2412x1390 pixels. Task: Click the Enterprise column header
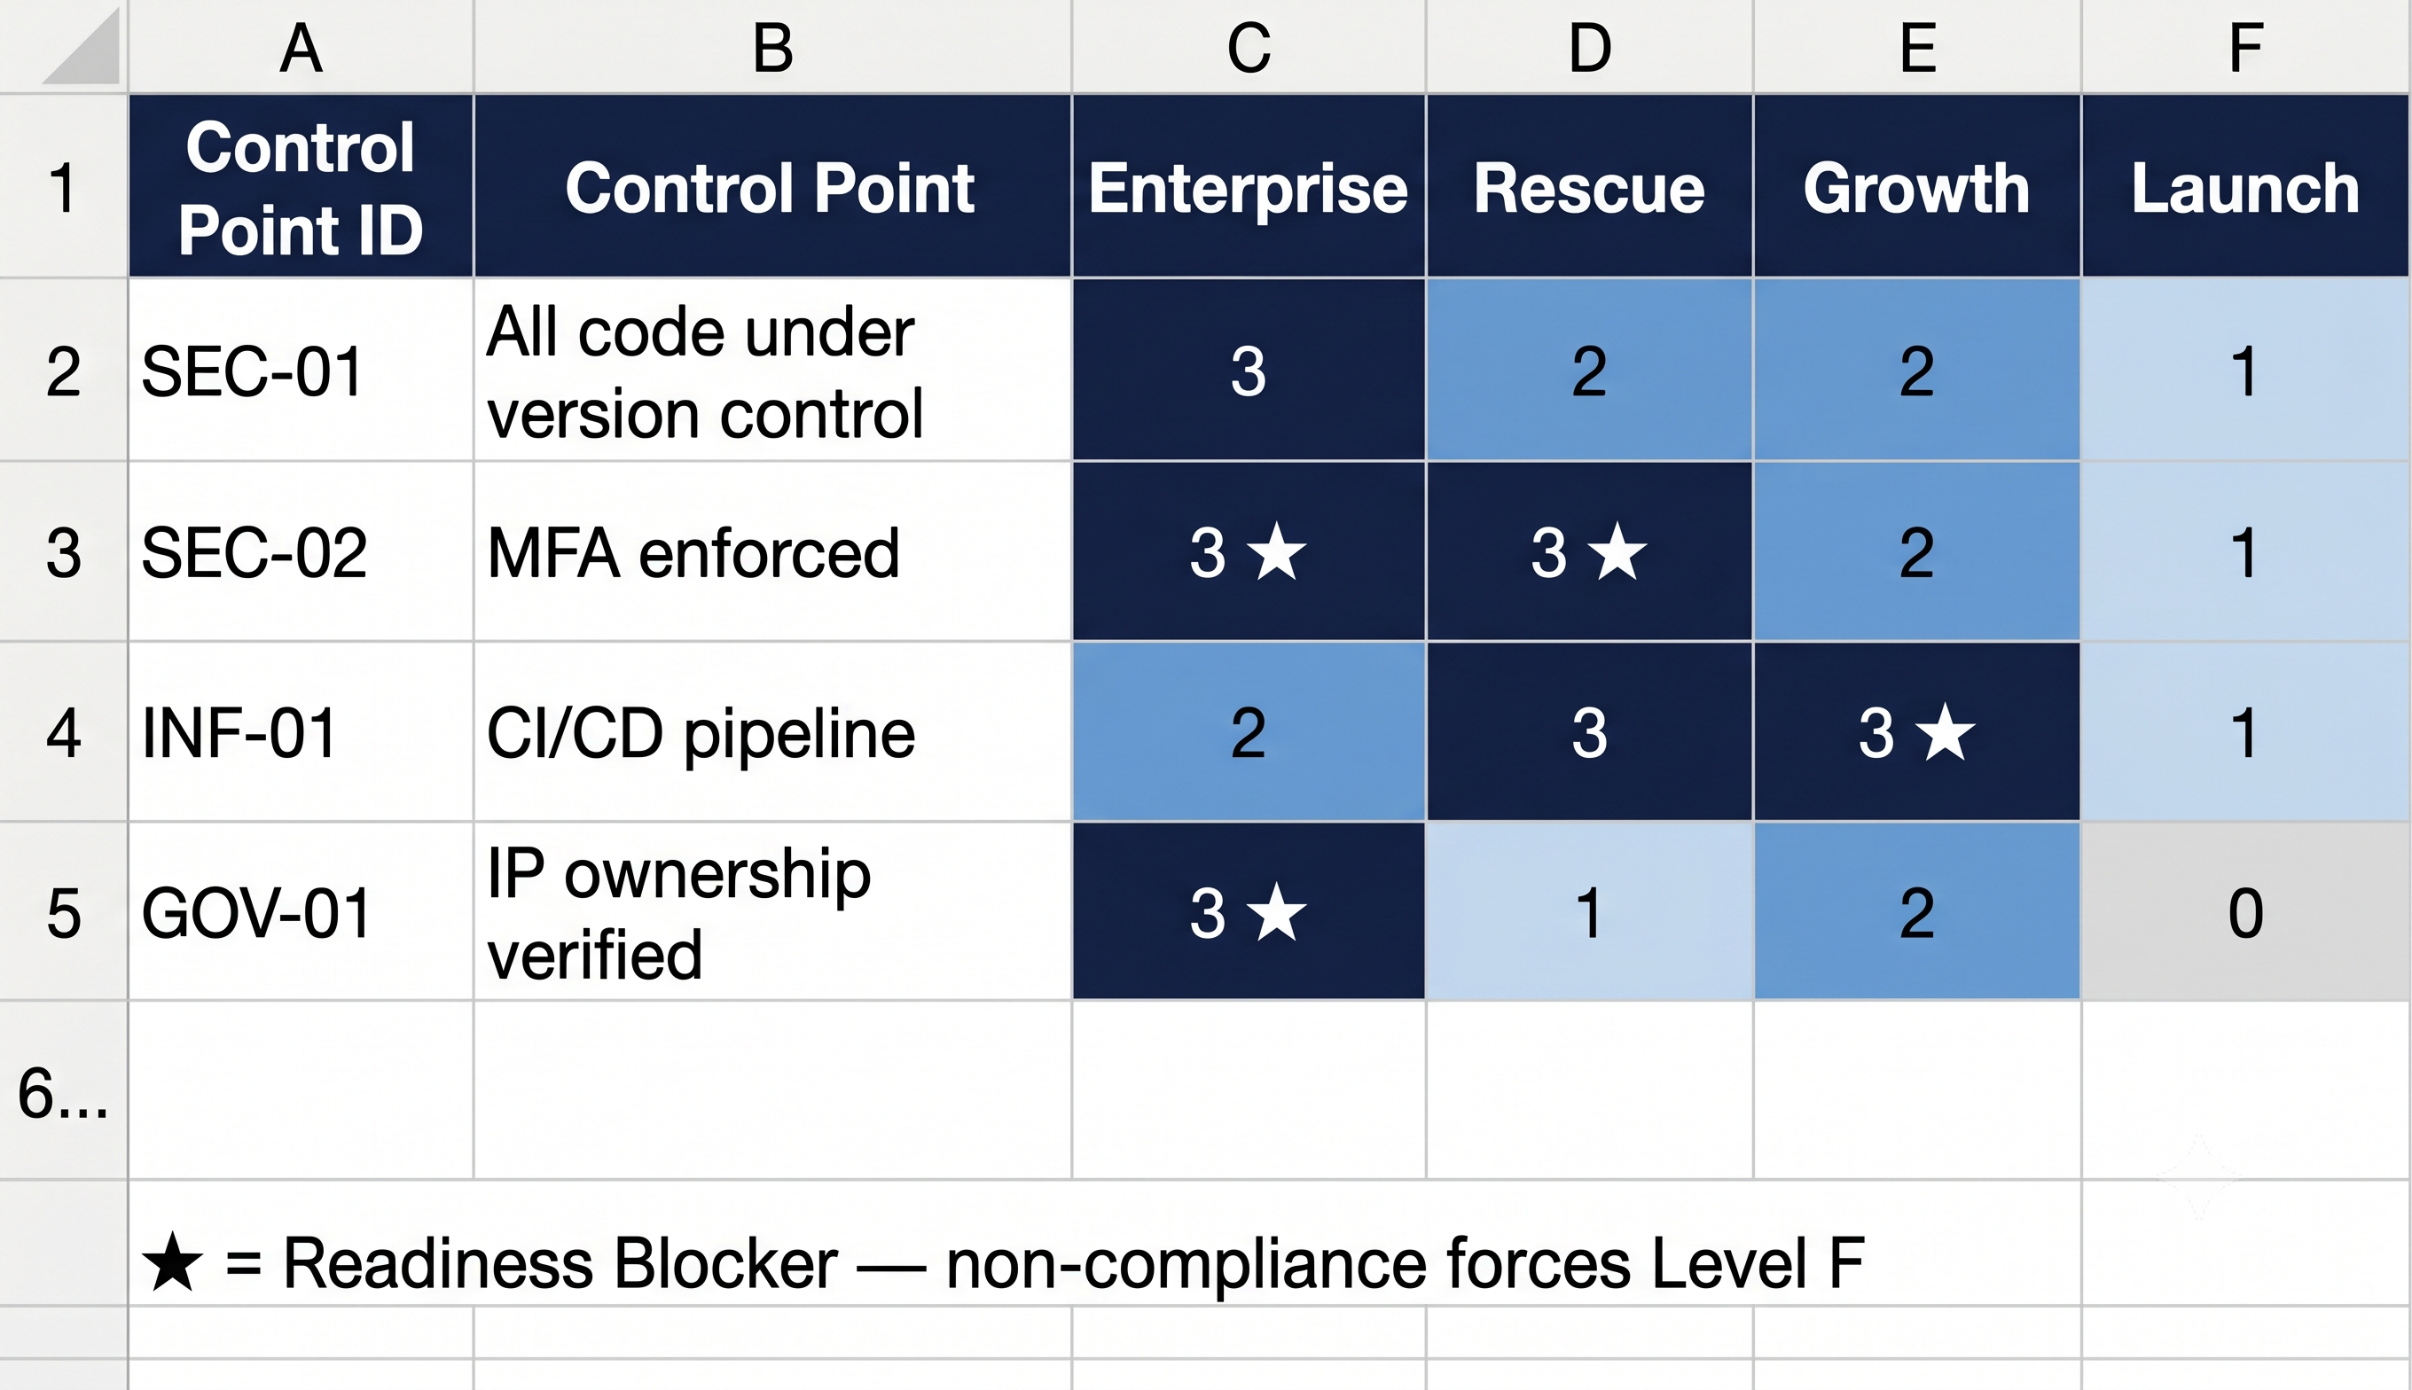click(x=1248, y=187)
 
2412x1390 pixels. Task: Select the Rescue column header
click(x=1589, y=187)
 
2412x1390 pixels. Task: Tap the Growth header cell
click(x=1916, y=187)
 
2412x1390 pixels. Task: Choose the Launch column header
click(x=2245, y=187)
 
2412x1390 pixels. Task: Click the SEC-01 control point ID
click(x=252, y=371)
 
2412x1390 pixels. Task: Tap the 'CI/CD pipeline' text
click(x=701, y=733)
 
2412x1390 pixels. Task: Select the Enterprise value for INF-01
click(x=1248, y=732)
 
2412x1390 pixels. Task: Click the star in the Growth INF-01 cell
click(x=1945, y=732)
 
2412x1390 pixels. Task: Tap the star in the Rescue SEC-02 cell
click(x=1617, y=551)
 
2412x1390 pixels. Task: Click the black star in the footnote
click(x=173, y=1262)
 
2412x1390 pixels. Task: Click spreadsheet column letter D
click(x=1590, y=48)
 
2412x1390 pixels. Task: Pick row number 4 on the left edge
click(x=64, y=733)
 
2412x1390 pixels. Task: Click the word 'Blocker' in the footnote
click(x=725, y=1263)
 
